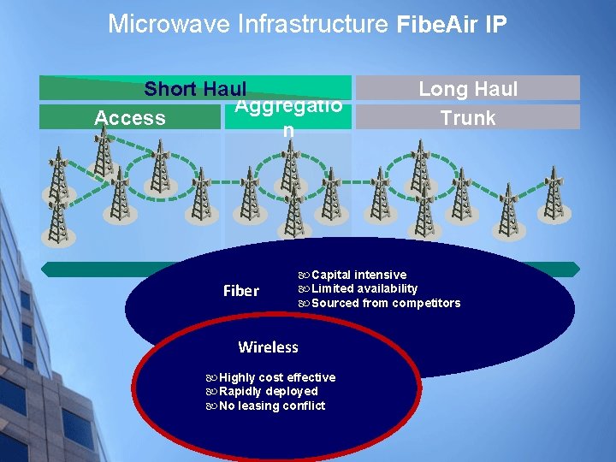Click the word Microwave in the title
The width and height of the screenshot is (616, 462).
tap(159, 24)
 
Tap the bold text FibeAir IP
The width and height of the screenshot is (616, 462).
tap(452, 25)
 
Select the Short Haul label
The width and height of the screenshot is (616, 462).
tap(195, 89)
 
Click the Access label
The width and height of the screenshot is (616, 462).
tap(130, 118)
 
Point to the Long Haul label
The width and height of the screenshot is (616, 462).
tap(468, 88)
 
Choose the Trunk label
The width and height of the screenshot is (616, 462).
tap(468, 118)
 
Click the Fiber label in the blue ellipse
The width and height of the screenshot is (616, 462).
tap(240, 291)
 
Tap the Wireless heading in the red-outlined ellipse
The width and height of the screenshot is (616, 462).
tap(268, 347)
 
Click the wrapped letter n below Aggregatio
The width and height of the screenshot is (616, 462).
tap(288, 131)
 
